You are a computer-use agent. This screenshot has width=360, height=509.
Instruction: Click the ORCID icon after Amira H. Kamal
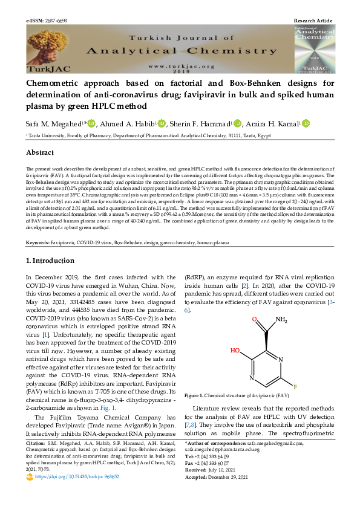306,124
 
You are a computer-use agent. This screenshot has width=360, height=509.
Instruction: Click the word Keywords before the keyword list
38,242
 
